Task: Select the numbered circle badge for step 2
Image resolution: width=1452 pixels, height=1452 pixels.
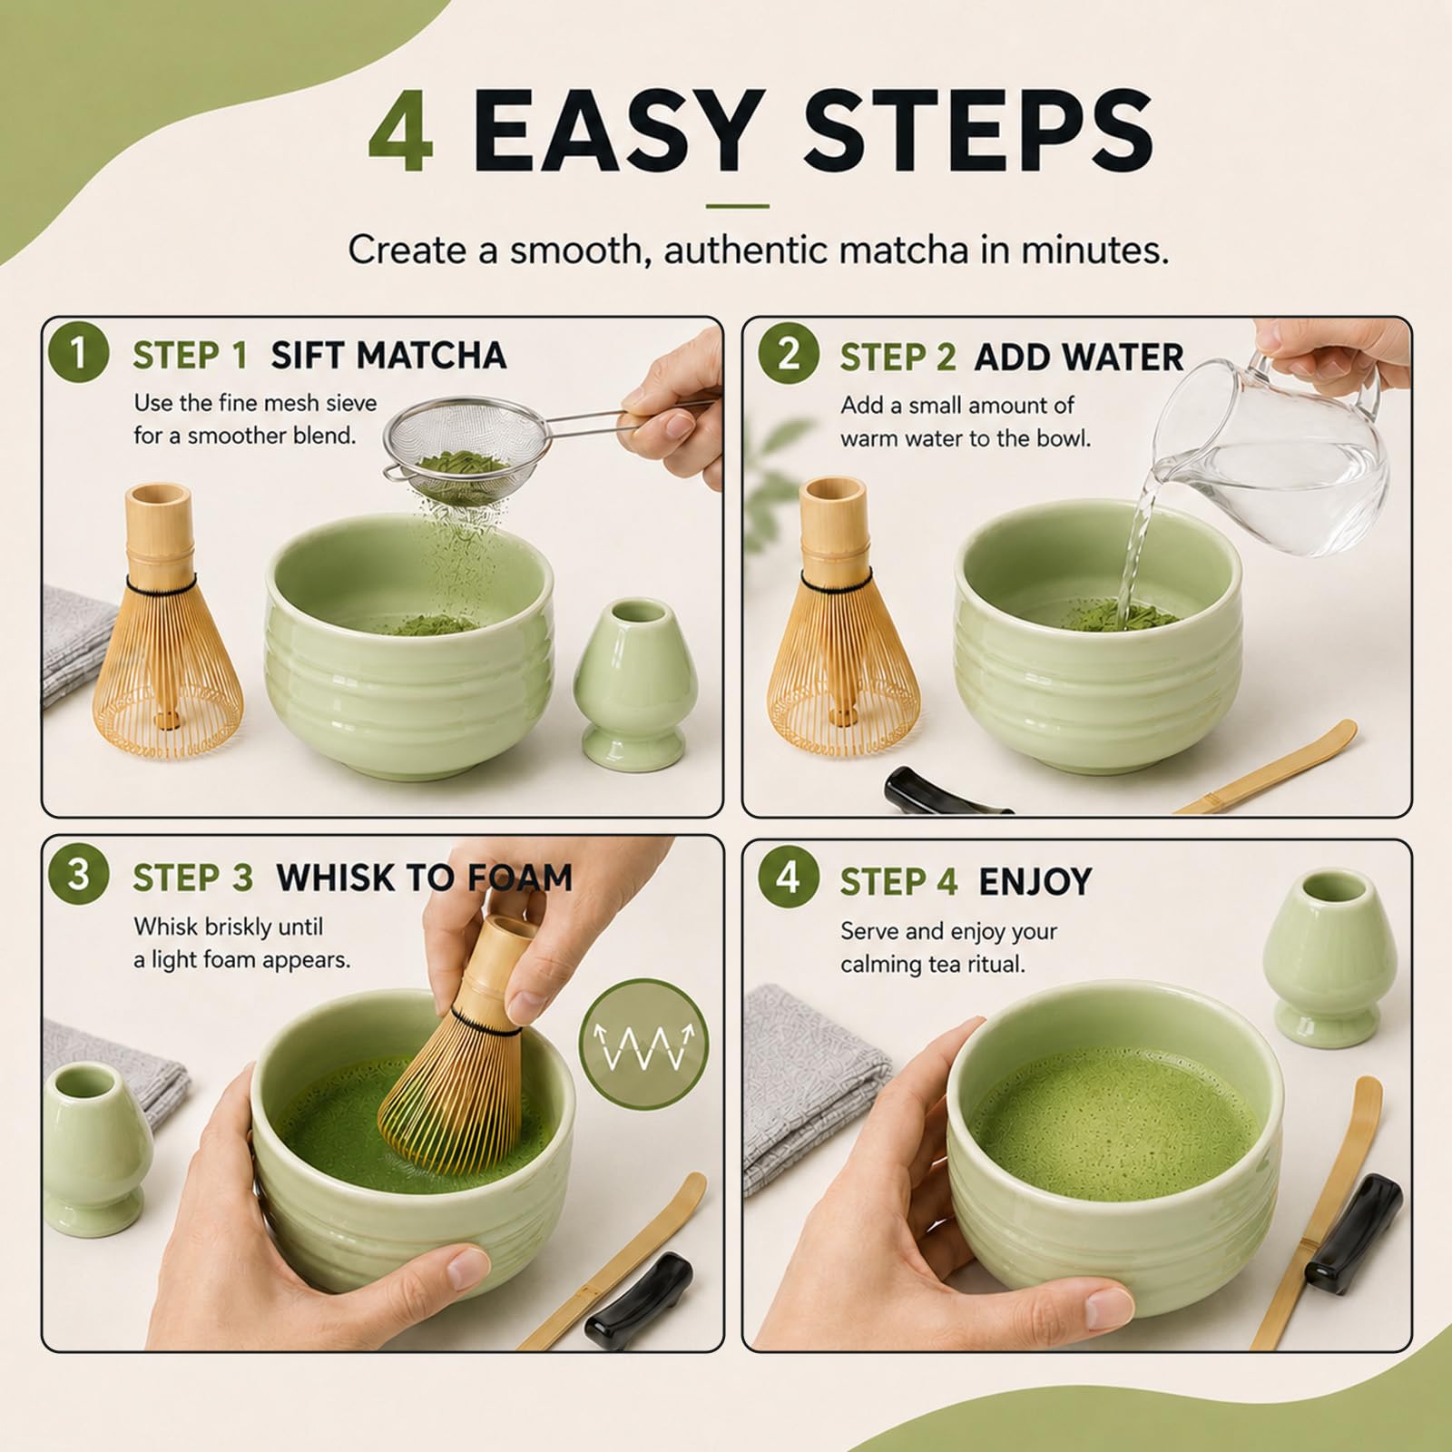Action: click(x=789, y=352)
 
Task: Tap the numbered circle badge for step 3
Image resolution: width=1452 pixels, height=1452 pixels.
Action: click(x=78, y=874)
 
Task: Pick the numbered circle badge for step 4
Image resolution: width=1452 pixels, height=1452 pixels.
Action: click(x=789, y=877)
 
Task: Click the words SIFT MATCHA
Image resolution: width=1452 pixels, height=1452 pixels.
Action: click(x=388, y=356)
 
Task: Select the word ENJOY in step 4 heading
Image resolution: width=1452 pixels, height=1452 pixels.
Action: click(x=1035, y=881)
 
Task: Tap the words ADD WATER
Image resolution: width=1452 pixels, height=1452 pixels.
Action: click(x=1079, y=358)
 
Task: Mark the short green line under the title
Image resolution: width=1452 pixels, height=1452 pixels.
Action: click(x=737, y=206)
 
